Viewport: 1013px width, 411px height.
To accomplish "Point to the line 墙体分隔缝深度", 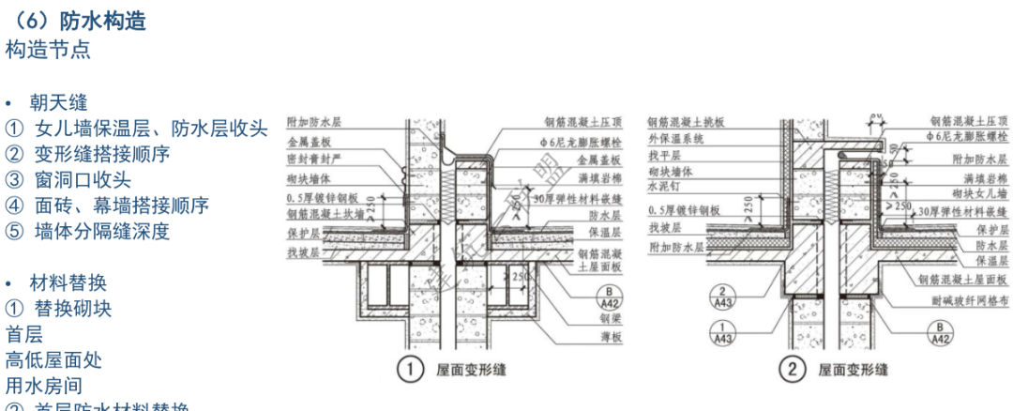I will (102, 231).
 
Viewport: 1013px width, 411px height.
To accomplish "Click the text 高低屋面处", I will (53, 359).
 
